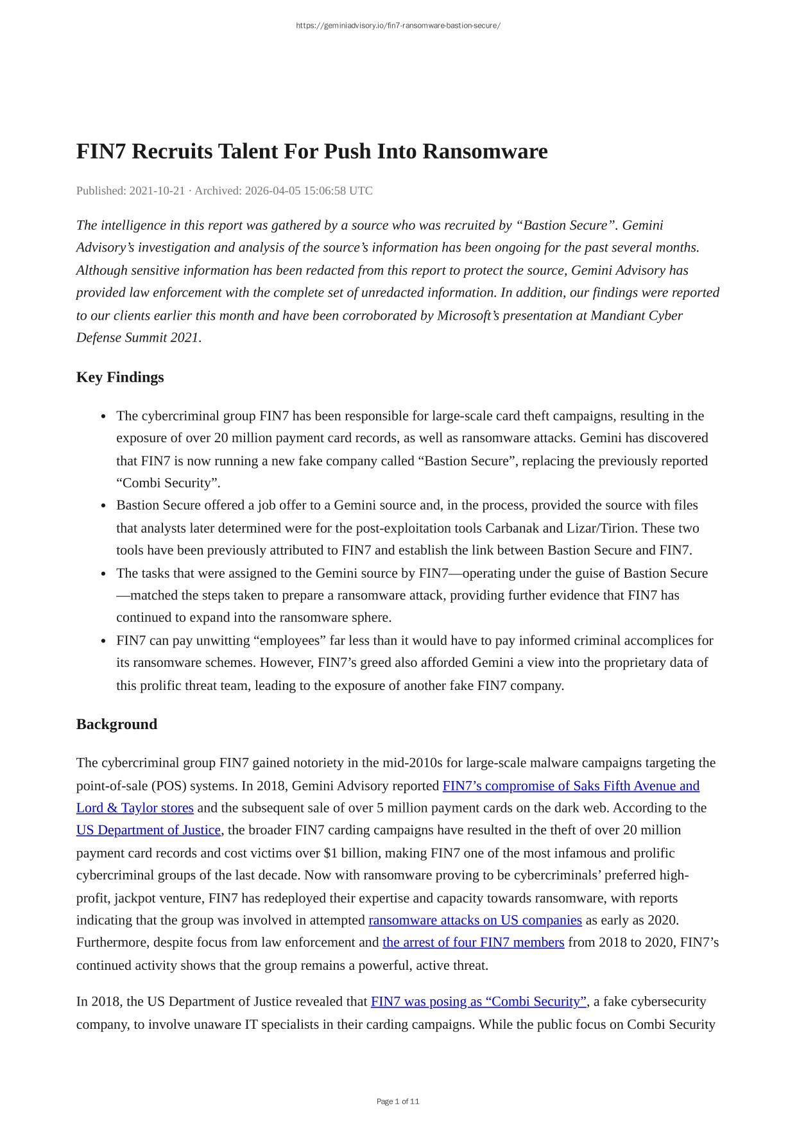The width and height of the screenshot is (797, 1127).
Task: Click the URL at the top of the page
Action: (398, 26)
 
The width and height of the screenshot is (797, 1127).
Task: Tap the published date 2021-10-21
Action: (157, 191)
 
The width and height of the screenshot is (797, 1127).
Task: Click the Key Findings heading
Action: (120, 377)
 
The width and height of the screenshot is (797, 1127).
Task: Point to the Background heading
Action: (117, 724)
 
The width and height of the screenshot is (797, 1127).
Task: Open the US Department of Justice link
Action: (148, 830)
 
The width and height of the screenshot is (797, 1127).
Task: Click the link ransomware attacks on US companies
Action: (475, 920)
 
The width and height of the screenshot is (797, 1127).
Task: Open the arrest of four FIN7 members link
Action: (473, 942)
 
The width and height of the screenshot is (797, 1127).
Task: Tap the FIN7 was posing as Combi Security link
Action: (479, 1001)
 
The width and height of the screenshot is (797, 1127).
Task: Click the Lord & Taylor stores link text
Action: (135, 807)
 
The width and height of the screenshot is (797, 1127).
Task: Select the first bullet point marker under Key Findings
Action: (104, 417)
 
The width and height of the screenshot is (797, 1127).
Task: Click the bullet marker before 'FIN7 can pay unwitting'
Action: (104, 641)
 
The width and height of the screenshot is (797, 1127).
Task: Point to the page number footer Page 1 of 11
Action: (398, 1101)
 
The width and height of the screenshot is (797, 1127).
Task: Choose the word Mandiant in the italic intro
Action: (617, 315)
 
